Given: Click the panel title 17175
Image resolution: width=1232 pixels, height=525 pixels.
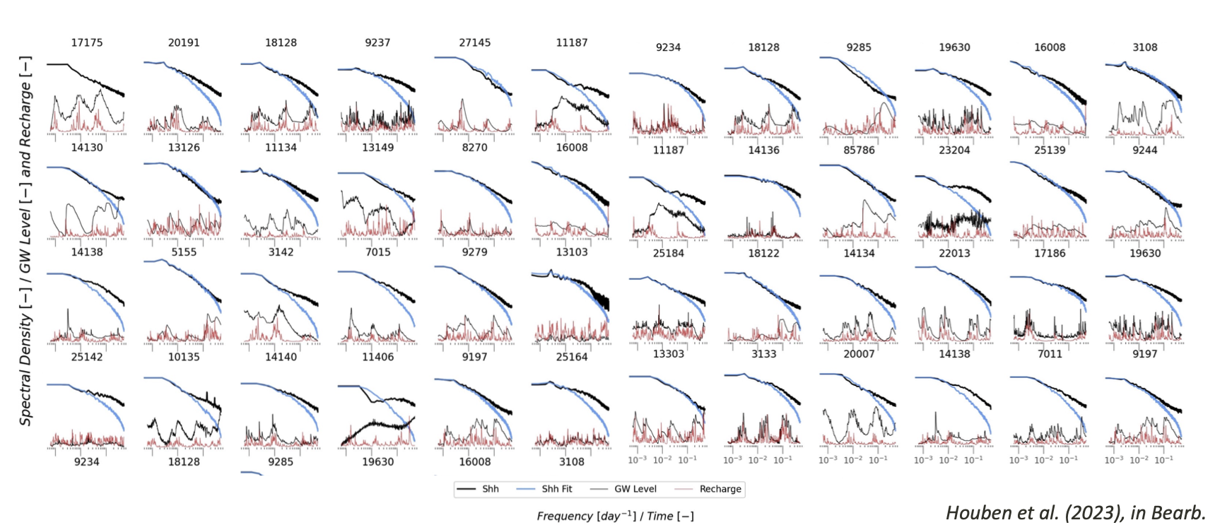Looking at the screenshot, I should [x=86, y=42].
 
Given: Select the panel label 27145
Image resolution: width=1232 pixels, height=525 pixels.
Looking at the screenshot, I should [x=474, y=42].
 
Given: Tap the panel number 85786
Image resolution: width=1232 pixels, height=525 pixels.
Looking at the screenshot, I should [x=859, y=150].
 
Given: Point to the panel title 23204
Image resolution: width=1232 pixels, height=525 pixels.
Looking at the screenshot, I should [x=954, y=150].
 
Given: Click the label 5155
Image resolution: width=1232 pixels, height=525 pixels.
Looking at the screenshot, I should [x=184, y=252].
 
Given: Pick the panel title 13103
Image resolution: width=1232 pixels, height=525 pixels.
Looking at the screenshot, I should [x=571, y=252].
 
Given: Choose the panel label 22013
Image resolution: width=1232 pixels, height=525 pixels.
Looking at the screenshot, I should [x=954, y=253].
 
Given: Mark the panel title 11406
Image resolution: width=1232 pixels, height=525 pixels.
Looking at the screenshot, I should [x=377, y=357].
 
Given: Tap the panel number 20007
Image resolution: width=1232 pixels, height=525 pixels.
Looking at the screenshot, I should [x=859, y=354].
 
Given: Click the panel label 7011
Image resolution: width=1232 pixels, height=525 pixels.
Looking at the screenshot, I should [x=1050, y=354].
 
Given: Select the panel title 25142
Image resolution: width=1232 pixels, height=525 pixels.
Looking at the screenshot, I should [x=86, y=357].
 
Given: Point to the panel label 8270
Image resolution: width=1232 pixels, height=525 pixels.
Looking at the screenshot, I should [x=474, y=147].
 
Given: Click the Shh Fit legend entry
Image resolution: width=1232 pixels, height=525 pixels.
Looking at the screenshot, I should [x=557, y=489].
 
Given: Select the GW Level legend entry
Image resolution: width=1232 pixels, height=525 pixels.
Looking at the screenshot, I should [x=635, y=489].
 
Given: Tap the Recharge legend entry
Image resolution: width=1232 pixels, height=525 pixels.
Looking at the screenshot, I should [x=720, y=489].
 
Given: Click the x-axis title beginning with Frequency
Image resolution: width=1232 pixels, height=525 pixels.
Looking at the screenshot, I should [x=615, y=516].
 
